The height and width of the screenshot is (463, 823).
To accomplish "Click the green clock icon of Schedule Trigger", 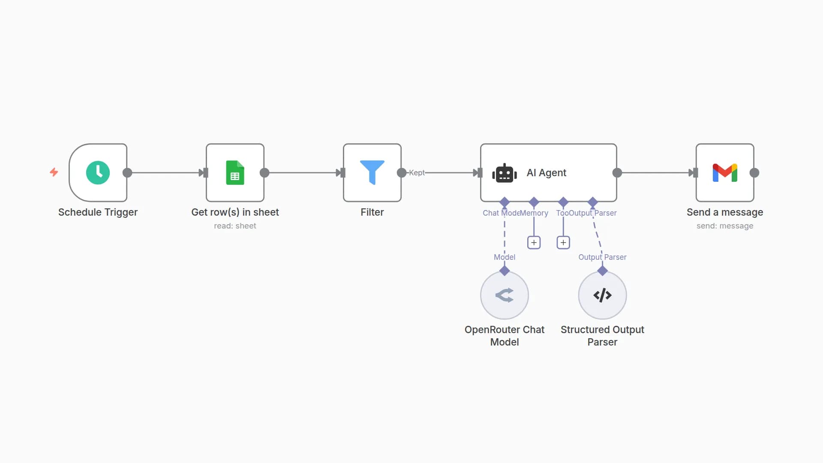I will [x=98, y=173].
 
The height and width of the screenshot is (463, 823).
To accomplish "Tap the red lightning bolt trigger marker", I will [x=54, y=172].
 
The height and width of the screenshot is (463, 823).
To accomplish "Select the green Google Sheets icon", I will [x=235, y=173].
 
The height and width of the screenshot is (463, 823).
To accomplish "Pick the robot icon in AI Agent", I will [x=504, y=173].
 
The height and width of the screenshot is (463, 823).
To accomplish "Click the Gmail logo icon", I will [x=725, y=173].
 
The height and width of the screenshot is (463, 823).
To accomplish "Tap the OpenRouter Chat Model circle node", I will [x=505, y=295].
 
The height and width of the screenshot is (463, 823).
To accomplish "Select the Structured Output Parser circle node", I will [x=602, y=295].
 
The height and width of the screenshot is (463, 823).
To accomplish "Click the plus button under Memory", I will [x=534, y=243].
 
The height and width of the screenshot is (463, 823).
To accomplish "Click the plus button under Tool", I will [x=563, y=243].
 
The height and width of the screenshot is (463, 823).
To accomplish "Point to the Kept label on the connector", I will [x=417, y=173].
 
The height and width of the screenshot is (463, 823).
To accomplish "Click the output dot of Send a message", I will [x=754, y=173].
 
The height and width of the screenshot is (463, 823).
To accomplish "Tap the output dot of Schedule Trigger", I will [x=127, y=173].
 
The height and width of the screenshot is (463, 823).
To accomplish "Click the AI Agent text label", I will [x=546, y=173].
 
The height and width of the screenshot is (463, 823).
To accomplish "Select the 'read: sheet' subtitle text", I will [x=235, y=226].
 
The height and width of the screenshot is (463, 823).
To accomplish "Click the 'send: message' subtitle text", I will [x=725, y=226].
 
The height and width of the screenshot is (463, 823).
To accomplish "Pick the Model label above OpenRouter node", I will [x=505, y=257].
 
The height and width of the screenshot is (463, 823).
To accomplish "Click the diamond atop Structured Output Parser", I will [x=602, y=271].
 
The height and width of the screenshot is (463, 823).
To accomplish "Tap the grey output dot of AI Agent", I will [x=617, y=173].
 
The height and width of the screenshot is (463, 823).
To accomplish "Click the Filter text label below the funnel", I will [x=372, y=212].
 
